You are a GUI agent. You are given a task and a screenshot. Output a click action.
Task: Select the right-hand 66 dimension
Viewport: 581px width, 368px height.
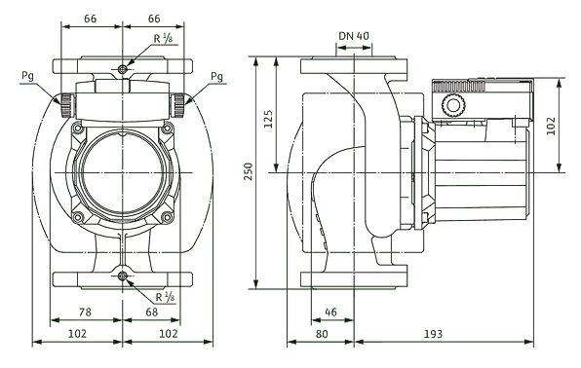pos(153,18)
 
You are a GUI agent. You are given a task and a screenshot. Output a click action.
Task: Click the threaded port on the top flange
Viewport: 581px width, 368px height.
pos(121,69)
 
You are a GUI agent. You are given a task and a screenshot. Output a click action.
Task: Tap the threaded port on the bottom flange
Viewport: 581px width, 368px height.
pos(121,276)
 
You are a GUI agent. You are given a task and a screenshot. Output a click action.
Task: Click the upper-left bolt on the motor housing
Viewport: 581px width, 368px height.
pos(74,129)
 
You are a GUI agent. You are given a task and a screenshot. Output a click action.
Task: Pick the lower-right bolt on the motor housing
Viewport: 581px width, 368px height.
pos(168,216)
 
